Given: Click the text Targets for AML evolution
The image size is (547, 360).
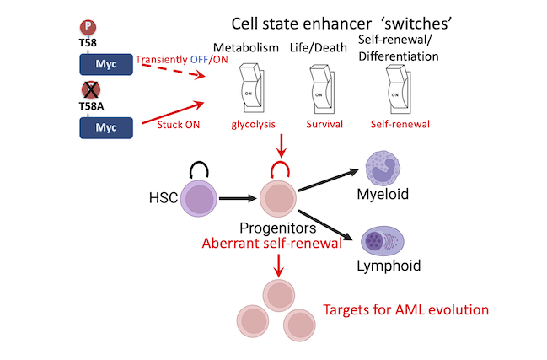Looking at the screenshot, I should point(407,309).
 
